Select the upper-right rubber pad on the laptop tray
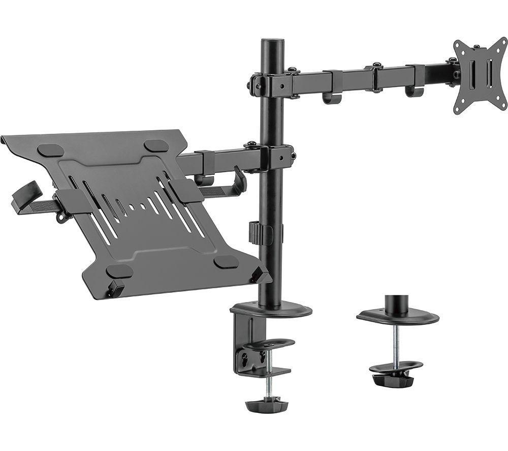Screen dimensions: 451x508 pyautogui.click(x=156, y=145)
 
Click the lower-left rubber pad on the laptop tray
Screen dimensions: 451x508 pyautogui.click(x=120, y=271)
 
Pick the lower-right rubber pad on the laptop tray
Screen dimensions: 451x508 pyautogui.click(x=226, y=262)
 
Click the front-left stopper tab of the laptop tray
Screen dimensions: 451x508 pyautogui.click(x=115, y=288)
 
